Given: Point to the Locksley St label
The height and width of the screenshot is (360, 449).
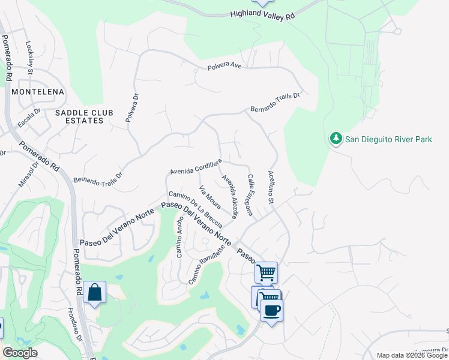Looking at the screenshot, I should (x=29, y=58).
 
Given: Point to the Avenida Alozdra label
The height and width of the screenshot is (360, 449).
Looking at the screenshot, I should (x=231, y=196).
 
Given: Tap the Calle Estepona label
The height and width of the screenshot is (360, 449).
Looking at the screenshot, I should (x=251, y=195).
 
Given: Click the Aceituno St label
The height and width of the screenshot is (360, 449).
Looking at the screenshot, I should (x=271, y=187).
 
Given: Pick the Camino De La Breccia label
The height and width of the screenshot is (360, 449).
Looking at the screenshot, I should (x=196, y=209).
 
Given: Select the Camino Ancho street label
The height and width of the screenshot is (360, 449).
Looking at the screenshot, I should (x=178, y=236).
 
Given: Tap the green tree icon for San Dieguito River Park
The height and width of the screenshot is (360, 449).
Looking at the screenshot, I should (x=336, y=139).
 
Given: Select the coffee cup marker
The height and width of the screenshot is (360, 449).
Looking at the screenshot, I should (x=271, y=310).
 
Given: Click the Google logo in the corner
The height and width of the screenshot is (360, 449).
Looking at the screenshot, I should (x=20, y=353).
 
